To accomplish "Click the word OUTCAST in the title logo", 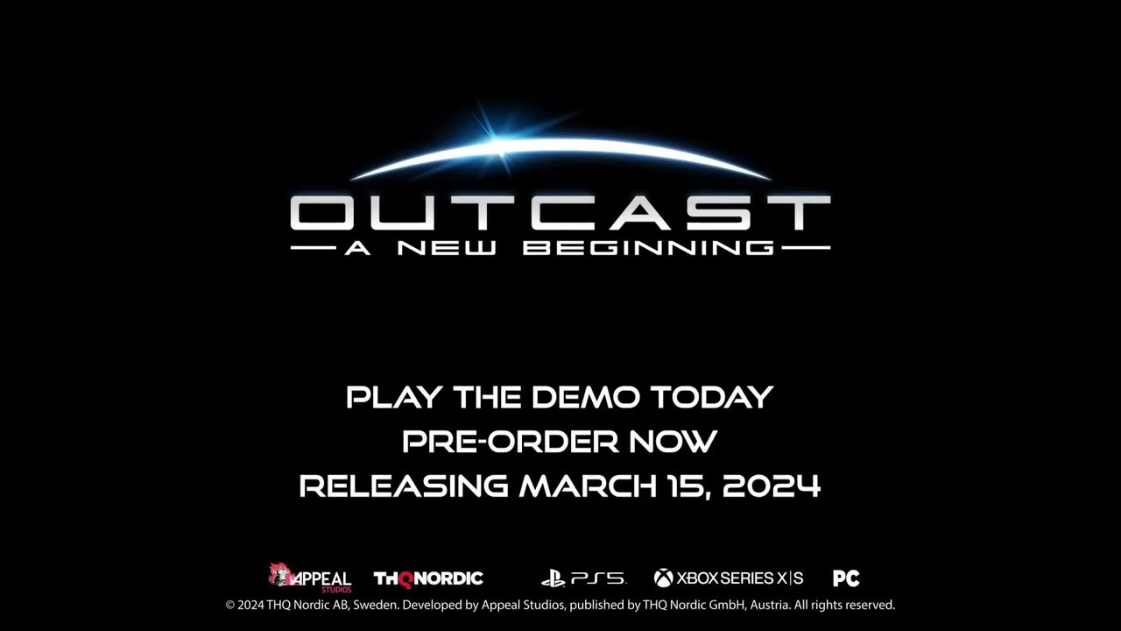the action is [560, 212].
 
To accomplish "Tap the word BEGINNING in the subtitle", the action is [648, 248].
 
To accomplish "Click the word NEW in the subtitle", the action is [447, 248].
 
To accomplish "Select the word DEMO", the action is [586, 397].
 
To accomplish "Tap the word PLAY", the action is [394, 397].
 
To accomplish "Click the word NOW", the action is [673, 442].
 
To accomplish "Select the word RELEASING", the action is [404, 486].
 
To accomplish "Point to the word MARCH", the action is [588, 486].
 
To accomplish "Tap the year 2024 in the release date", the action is [772, 486].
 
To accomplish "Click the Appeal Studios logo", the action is [310, 578].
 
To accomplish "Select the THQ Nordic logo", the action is [428, 579].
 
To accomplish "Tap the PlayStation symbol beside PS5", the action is [553, 578].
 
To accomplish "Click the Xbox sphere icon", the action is [664, 578].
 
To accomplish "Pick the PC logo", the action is [846, 578].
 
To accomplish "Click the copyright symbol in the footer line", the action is [230, 606].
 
